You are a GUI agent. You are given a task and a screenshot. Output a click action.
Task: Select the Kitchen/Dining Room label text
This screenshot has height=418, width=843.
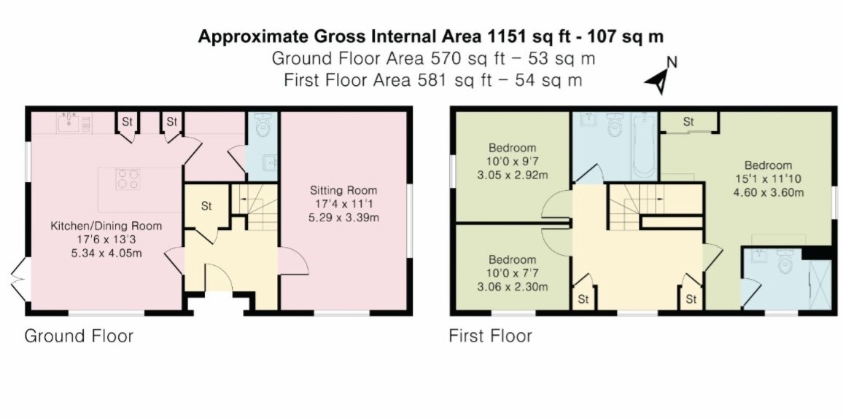106,226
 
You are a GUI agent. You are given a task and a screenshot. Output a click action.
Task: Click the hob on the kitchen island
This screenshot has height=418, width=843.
127,178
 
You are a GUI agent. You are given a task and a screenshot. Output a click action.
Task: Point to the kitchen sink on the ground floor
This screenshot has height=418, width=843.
71,123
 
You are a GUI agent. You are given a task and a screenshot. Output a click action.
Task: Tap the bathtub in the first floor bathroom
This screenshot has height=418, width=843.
644,146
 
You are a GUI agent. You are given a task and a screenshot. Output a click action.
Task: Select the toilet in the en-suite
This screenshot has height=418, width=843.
785,263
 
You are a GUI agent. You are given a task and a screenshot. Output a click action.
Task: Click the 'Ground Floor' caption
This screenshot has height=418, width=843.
79,336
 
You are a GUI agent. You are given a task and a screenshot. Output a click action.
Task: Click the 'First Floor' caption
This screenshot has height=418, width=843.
490,336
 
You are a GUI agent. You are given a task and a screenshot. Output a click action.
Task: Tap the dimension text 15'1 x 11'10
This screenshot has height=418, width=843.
769,179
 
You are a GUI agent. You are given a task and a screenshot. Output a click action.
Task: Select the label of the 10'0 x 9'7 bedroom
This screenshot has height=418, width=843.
512,148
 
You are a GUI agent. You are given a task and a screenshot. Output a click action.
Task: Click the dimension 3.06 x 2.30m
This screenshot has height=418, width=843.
512,286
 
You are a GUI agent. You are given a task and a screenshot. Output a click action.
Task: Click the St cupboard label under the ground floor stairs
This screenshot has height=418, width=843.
206,206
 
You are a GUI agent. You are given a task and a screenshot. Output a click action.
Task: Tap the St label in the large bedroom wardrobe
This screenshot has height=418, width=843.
688,122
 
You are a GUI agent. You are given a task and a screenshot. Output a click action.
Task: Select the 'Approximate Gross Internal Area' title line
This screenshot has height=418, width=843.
430,36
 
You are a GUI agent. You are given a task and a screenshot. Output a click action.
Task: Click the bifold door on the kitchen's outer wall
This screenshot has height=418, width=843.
19,282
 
